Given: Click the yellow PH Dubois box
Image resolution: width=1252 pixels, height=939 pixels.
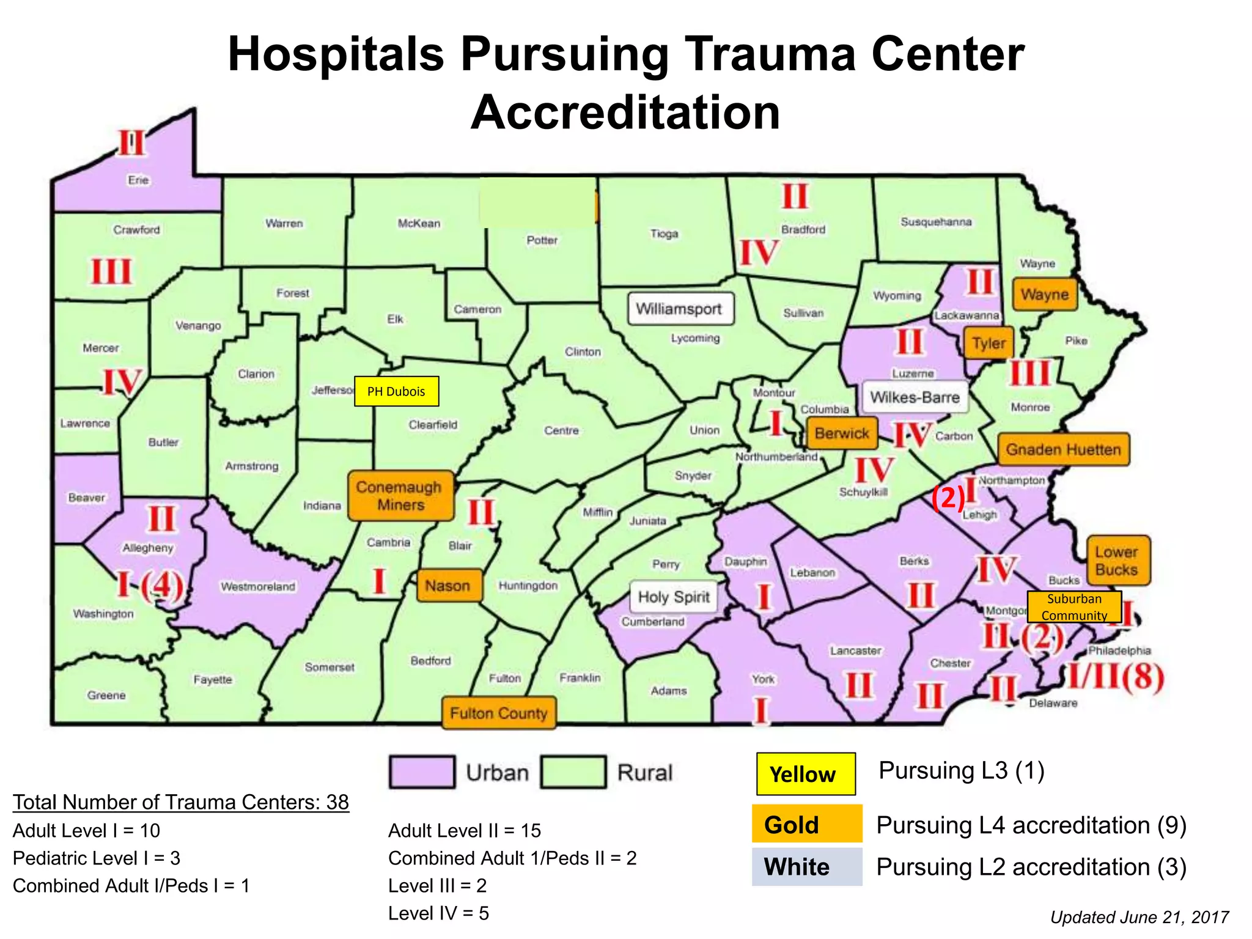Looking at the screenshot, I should click(x=396, y=391).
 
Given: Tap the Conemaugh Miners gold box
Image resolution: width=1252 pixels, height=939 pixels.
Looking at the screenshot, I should click(x=400, y=496).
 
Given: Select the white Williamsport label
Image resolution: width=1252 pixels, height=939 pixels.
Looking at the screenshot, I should click(x=680, y=309).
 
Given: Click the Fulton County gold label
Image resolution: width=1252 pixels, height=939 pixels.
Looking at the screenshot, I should click(x=498, y=713).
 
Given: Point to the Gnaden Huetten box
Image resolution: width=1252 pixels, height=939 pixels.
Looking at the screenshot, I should click(x=1063, y=449).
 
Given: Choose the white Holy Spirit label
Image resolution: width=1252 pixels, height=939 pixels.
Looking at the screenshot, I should click(x=674, y=597).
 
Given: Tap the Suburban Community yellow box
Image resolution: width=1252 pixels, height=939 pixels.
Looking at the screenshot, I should click(x=1074, y=606).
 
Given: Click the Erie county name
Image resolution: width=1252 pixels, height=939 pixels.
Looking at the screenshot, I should click(x=138, y=180).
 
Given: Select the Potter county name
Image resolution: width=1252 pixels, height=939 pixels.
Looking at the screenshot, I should click(x=542, y=240).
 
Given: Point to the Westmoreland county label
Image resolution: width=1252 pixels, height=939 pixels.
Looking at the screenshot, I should click(x=258, y=586).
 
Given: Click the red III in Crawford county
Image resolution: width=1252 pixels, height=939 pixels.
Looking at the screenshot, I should click(x=111, y=271).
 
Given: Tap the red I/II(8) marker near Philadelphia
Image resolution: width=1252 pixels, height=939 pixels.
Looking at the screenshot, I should click(x=1116, y=677).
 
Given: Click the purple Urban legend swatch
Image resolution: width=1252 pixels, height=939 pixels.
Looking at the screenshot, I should click(x=422, y=772).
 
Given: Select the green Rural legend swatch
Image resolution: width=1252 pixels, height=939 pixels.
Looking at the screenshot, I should click(x=573, y=772).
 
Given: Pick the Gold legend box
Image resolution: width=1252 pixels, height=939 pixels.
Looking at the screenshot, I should click(x=806, y=824).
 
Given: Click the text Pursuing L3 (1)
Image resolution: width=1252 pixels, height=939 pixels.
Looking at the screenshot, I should click(x=961, y=770).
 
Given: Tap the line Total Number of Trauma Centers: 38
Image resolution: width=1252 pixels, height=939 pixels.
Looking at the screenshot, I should click(x=181, y=802).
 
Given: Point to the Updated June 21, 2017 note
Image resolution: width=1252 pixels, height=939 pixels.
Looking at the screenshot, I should click(x=1139, y=917).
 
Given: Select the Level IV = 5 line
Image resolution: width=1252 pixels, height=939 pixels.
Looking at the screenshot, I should click(x=438, y=913).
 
